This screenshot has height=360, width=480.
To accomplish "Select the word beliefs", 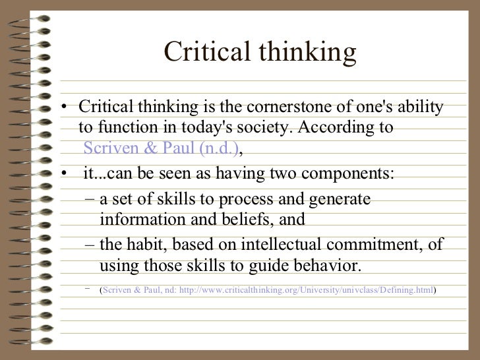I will click(x=254, y=220).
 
